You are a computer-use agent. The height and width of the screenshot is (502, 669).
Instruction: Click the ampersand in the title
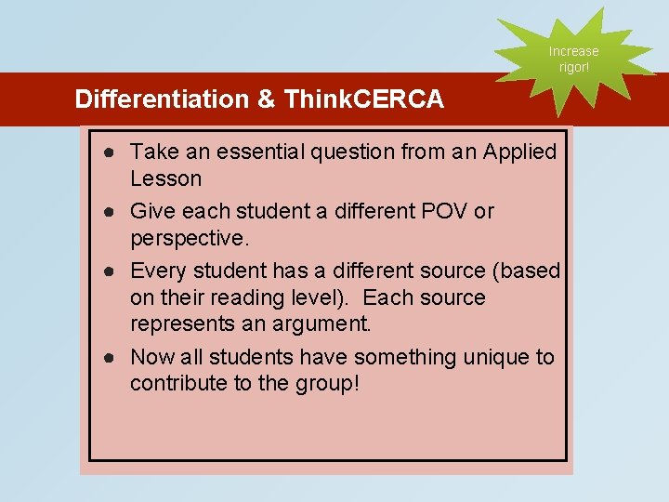pyautogui.click(x=268, y=99)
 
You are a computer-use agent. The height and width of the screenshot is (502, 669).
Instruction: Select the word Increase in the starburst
pyautogui.click(x=573, y=51)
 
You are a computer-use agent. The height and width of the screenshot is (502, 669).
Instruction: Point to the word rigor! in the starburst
pyautogui.click(x=573, y=67)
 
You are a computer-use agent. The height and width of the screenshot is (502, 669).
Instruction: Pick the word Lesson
pyautogui.click(x=165, y=178)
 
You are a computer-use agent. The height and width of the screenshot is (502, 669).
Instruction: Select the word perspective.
pyautogui.click(x=190, y=238)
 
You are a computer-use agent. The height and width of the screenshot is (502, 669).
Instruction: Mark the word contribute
pyautogui.click(x=178, y=384)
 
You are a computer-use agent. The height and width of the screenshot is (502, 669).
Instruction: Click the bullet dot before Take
pyautogui.click(x=110, y=152)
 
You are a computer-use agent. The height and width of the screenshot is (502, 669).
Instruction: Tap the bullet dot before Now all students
pyautogui.click(x=110, y=358)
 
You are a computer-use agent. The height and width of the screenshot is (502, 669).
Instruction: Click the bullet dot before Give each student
pyautogui.click(x=110, y=212)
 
